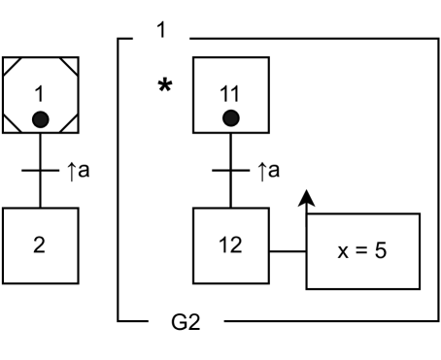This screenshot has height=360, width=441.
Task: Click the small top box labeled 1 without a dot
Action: pyautogui.click(x=161, y=30)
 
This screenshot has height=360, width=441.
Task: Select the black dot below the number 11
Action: pyautogui.click(x=230, y=118)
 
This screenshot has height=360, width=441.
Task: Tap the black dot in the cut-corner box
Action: pyautogui.click(x=40, y=119)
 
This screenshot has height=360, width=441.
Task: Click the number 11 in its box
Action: pyautogui.click(x=230, y=94)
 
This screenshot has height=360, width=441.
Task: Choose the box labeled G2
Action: pyautogui.click(x=186, y=322)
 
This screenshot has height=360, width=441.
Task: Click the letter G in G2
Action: pyautogui.click(x=179, y=322)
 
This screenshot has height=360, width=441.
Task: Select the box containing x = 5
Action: pyautogui.click(x=363, y=251)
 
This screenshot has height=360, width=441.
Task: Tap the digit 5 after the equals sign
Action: pyautogui.click(x=383, y=251)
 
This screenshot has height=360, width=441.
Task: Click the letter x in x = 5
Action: pyautogui.click(x=342, y=252)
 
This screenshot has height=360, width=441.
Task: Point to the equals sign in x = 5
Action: pyautogui.click(x=362, y=252)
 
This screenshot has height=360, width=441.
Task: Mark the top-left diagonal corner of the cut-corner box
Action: pyautogui.click(x=13, y=68)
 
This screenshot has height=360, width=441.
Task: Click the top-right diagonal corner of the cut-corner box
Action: pyautogui.click(x=67, y=68)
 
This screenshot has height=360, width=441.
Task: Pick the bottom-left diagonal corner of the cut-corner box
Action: pyautogui.click(x=13, y=121)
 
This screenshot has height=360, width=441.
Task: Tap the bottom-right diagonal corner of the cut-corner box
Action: pyautogui.click(x=67, y=121)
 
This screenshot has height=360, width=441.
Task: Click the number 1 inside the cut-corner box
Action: pyautogui.click(x=40, y=94)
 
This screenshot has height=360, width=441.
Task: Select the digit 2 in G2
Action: pyautogui.click(x=193, y=322)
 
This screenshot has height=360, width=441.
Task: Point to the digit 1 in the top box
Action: pyautogui.click(x=161, y=30)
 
